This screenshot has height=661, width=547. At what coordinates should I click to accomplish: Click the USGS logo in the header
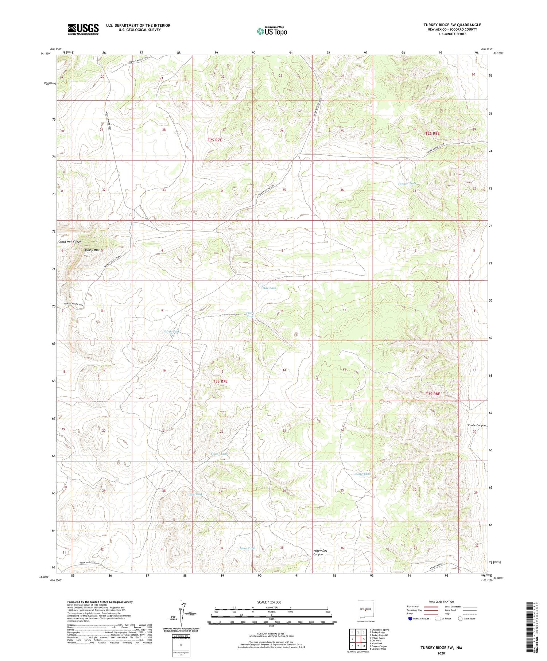pyautogui.click(x=83, y=29)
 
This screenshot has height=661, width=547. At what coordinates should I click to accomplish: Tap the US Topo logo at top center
pyautogui.click(x=272, y=31)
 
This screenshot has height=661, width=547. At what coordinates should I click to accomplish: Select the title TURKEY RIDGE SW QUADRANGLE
pyautogui.click(x=452, y=25)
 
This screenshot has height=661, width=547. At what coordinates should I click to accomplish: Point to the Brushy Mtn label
pyautogui.click(x=92, y=250)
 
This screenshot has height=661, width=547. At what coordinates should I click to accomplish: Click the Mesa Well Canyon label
pyautogui.click(x=71, y=241)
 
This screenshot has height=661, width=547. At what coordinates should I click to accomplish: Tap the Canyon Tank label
pyautogui.click(x=407, y=183)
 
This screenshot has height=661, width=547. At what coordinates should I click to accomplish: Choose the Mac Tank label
pyautogui.click(x=269, y=288)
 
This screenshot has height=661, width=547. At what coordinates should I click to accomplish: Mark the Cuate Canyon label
pyautogui.click(x=477, y=425)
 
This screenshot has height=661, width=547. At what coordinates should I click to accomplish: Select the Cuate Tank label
pyautogui.click(x=362, y=474)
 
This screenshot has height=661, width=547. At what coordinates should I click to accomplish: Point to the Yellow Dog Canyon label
pyautogui.click(x=320, y=552)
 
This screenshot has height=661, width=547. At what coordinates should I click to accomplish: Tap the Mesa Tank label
pyautogui.click(x=247, y=548)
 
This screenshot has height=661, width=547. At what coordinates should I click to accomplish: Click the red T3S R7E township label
pyautogui.click(x=220, y=381)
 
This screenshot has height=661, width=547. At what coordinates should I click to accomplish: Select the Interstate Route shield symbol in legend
pyautogui.click(x=411, y=619)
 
